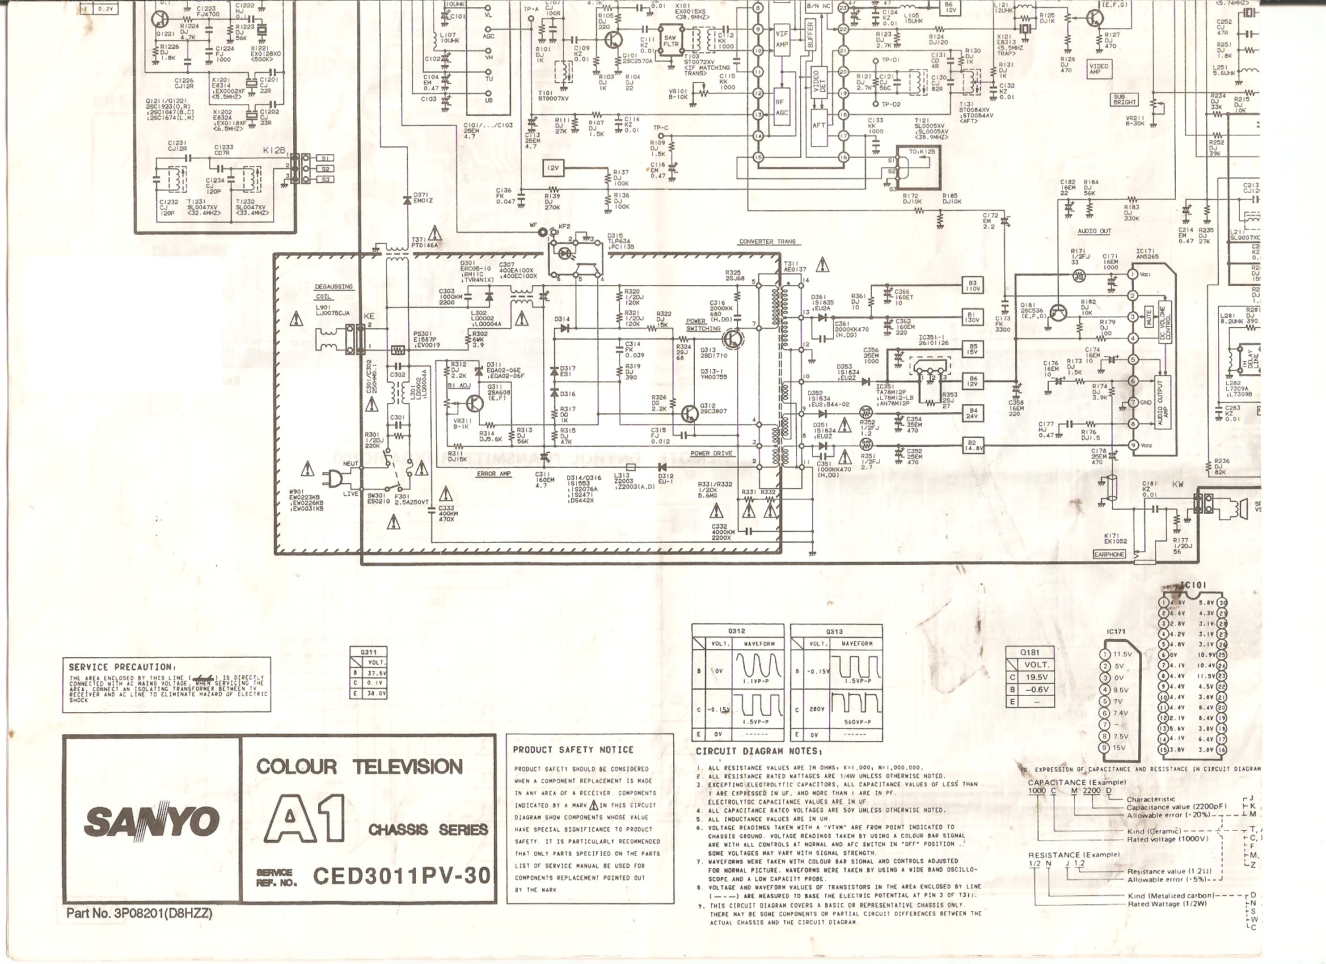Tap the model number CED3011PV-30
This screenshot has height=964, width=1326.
(402, 876)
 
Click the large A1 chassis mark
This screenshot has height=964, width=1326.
(305, 818)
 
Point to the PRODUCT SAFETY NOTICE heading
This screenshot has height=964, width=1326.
(573, 750)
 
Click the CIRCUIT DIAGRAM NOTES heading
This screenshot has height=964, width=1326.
(759, 751)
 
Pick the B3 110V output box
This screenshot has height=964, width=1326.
(973, 285)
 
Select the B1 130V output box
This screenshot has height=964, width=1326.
(973, 317)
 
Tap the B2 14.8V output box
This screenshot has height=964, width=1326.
(973, 446)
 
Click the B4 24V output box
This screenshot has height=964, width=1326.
(973, 414)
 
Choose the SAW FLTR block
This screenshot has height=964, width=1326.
(670, 40)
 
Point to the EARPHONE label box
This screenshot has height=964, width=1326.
(1109, 554)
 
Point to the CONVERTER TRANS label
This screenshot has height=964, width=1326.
(767, 242)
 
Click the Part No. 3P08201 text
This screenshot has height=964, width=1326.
(139, 913)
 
